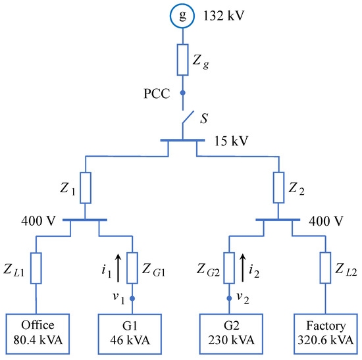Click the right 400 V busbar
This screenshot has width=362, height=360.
pos(278,222)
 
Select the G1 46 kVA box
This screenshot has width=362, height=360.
pos(131,332)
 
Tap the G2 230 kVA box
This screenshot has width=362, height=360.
pos(230,332)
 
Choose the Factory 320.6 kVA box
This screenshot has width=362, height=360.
pos(326,332)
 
